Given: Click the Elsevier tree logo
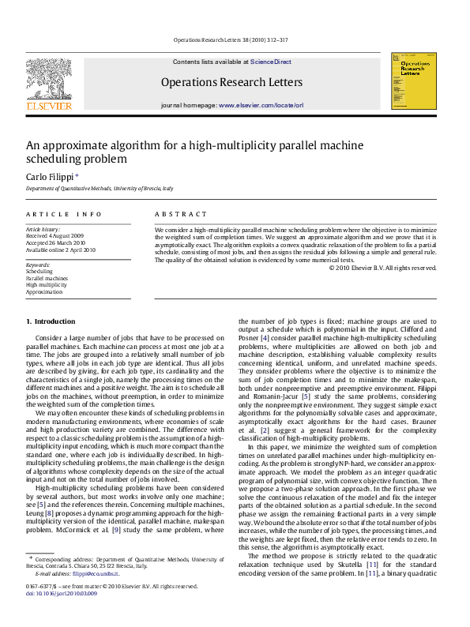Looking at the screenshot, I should [x=49, y=78].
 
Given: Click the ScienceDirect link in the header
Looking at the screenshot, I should [x=271, y=62].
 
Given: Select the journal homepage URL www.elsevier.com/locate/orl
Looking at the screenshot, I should [x=261, y=105].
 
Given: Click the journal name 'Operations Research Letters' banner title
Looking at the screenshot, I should [x=231, y=82].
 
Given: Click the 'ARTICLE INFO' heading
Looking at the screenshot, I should [x=64, y=214].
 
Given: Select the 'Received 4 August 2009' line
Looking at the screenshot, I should [x=55, y=235].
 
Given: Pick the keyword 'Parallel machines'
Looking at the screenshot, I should [x=47, y=278].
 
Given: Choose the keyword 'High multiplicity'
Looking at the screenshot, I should [x=47, y=285].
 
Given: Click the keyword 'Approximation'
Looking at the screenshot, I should [x=44, y=291].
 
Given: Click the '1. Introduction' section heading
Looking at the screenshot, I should [x=51, y=321].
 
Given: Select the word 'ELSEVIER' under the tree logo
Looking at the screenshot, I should [x=49, y=105].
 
